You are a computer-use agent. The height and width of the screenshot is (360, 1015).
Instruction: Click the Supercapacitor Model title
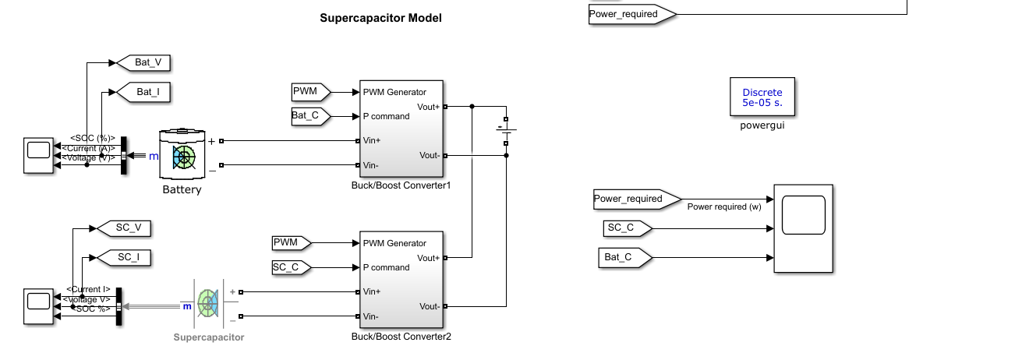[x=380, y=17]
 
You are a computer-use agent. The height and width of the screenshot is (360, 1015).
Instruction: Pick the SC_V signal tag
[x=123, y=228]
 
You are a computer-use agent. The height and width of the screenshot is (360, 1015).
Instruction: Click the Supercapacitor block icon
[x=207, y=303]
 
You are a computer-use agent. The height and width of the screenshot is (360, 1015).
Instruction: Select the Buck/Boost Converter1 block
[x=401, y=129]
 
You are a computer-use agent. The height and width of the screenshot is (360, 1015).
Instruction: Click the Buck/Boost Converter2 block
[x=401, y=280]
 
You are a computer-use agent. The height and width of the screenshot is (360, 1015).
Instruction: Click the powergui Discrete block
[x=762, y=97]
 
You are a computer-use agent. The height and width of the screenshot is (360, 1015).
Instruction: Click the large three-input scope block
[x=803, y=228]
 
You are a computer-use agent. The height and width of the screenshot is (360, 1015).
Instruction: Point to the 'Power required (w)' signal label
[x=724, y=207]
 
